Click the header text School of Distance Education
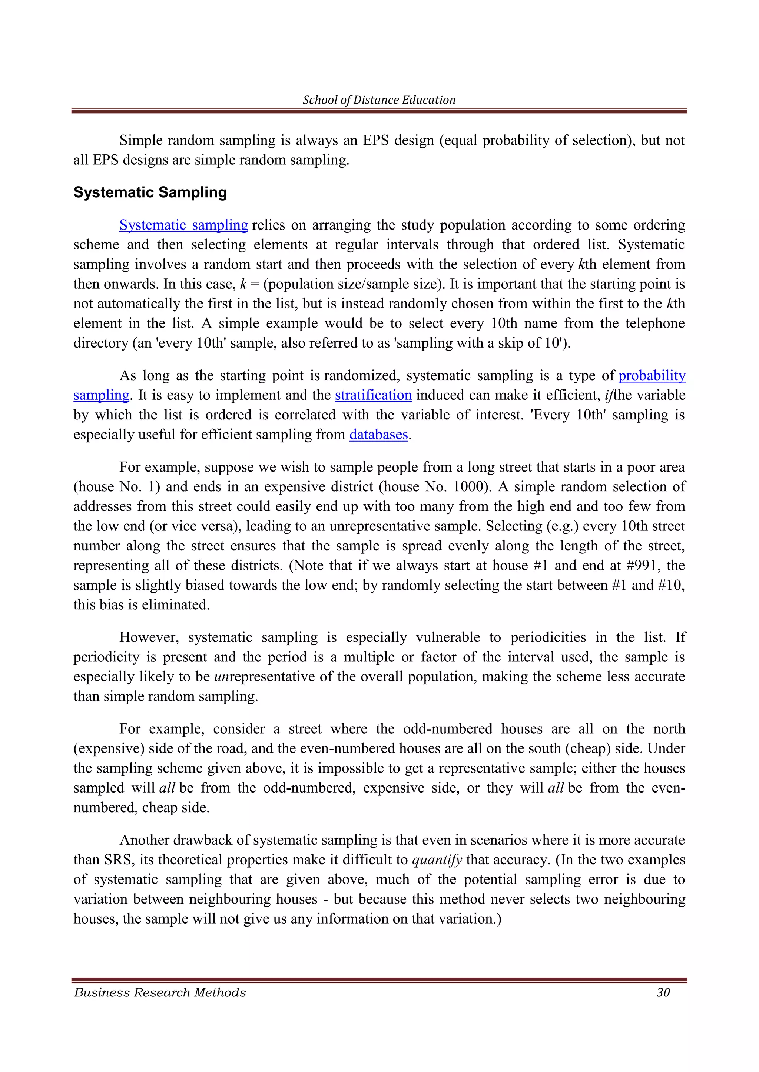379,100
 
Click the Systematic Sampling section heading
150,192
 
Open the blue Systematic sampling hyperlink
184,225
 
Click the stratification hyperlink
373,395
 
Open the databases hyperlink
378,434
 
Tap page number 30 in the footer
663,993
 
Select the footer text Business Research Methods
160,993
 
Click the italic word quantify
437,860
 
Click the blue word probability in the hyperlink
652,375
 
